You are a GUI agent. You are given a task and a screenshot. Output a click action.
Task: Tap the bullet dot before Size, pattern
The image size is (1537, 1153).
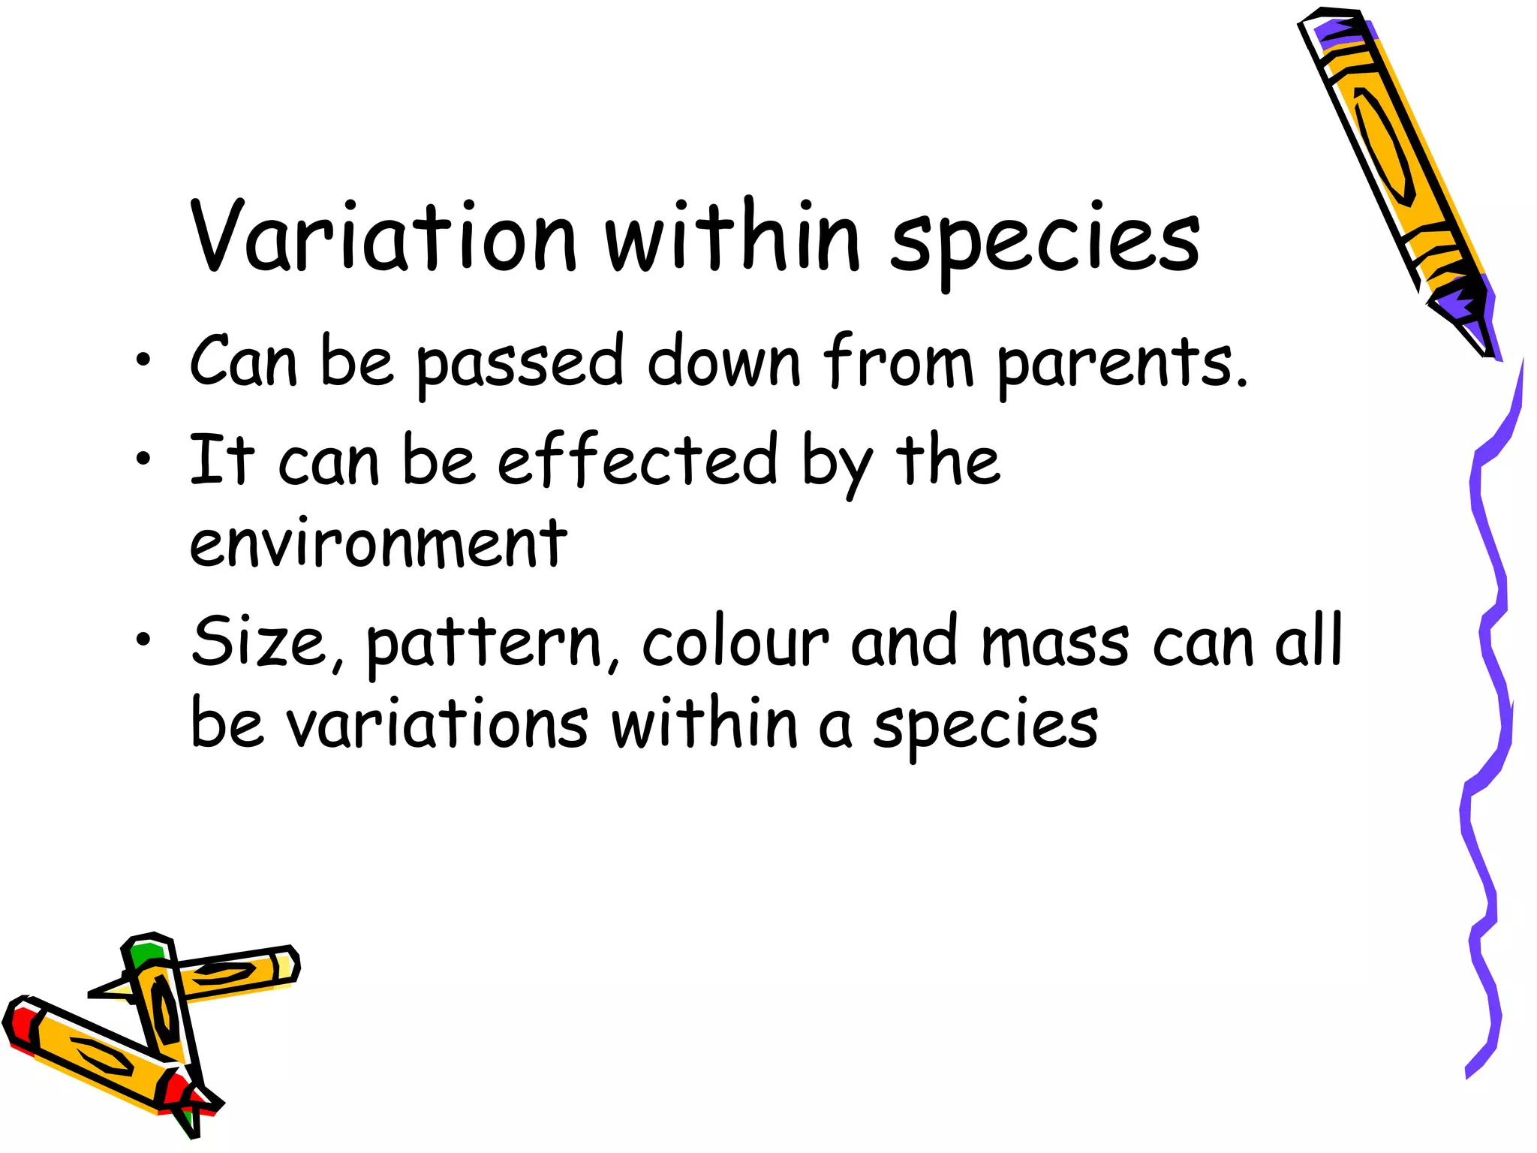coord(143,640)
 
